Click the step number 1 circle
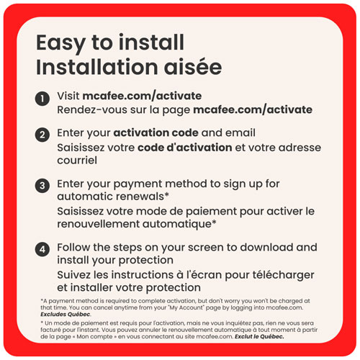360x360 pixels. pos(42,99)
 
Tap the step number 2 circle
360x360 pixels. pos(42,135)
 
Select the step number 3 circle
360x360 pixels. pos(42,186)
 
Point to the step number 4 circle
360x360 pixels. pos(42,249)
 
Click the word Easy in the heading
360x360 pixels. pos(60,43)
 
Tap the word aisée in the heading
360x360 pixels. pos(193,67)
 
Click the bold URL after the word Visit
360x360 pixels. pos(142,96)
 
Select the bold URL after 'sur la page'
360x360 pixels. pos(253,110)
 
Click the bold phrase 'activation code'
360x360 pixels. pos(156,132)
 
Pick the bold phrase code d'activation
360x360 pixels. pos(185,148)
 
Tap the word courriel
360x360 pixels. pos(77,161)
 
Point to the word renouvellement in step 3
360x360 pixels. pos(99,224)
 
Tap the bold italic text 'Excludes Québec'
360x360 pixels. pos(66,315)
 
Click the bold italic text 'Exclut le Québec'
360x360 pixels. pos(259,336)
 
